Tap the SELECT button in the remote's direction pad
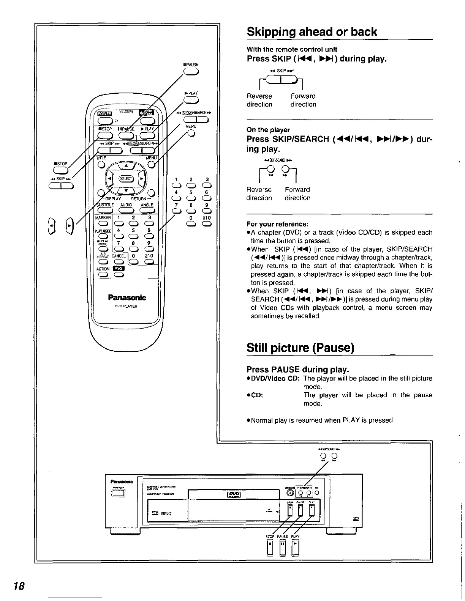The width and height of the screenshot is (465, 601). tap(125, 179)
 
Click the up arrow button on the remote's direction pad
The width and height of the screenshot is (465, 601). tap(126, 165)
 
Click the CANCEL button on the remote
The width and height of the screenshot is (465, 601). tap(119, 262)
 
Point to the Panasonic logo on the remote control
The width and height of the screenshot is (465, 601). tap(127, 297)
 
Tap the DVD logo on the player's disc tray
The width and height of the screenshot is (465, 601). tap(233, 494)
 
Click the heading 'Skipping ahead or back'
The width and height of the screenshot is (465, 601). tap(312, 31)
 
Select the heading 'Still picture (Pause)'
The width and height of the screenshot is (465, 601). tap(300, 348)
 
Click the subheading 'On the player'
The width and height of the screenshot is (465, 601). tap(268, 130)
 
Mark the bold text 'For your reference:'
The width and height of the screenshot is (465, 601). tap(277, 224)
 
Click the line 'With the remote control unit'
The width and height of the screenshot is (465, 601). tap(292, 49)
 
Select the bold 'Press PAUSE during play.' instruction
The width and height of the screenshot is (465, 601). tap(298, 369)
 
